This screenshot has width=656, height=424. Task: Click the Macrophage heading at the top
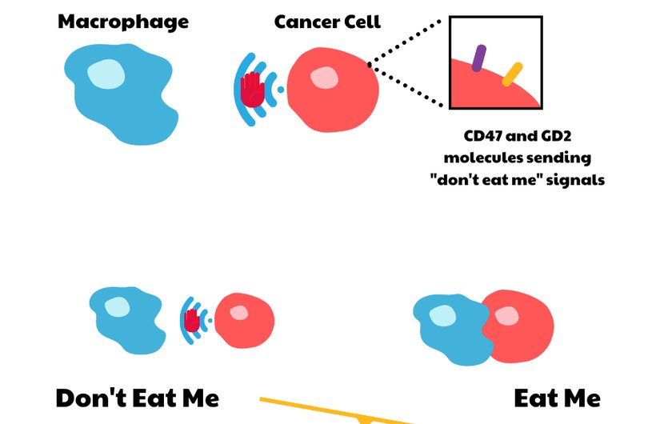(x=123, y=22)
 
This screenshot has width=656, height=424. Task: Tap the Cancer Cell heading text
(x=327, y=22)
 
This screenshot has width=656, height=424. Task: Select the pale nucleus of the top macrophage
(x=106, y=74)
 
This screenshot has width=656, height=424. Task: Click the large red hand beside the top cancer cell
(x=252, y=89)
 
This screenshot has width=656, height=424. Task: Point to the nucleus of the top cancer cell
(x=324, y=78)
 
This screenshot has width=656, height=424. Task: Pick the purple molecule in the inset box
(x=478, y=58)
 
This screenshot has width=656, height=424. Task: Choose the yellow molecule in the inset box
(x=512, y=74)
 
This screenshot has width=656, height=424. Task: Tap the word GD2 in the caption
(x=571, y=136)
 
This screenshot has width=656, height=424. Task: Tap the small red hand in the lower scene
(x=192, y=320)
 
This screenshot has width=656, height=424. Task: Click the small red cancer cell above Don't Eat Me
(x=244, y=320)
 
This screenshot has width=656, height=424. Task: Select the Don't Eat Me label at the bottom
(x=137, y=398)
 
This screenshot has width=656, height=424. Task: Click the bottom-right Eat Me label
(x=557, y=398)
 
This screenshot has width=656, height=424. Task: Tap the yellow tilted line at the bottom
(x=336, y=410)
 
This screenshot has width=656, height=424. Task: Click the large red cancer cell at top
(x=333, y=88)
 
